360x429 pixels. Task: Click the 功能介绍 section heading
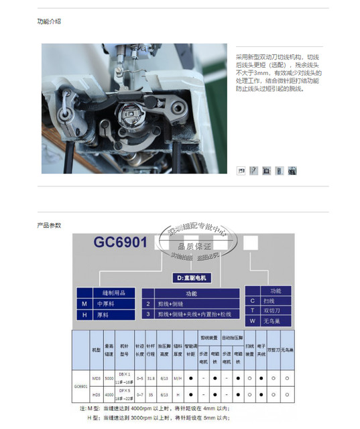pyautogui.click(x=50, y=21)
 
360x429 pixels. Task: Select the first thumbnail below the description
pyautogui.click(x=241, y=171)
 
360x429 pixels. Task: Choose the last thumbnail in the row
pyautogui.click(x=292, y=171)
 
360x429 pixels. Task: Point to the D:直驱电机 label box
pyautogui.click(x=190, y=278)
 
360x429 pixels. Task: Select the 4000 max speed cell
pyautogui.click(x=109, y=394)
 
